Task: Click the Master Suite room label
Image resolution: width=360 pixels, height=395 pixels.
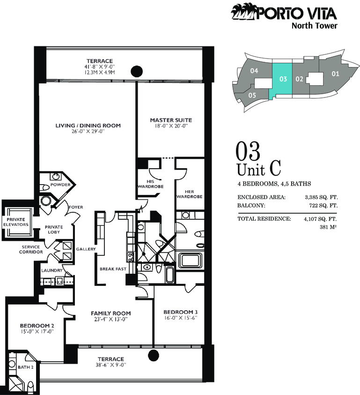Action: click(171, 120)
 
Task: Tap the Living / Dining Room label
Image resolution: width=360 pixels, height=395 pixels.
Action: click(88, 126)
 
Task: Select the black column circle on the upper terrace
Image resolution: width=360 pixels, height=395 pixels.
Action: click(137, 71)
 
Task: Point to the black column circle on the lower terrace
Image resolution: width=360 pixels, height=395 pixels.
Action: click(153, 356)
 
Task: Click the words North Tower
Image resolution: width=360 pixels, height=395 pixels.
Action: click(315, 26)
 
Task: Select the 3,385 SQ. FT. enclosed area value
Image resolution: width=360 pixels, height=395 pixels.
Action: click(321, 197)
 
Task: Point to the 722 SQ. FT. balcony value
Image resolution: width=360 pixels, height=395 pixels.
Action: click(323, 206)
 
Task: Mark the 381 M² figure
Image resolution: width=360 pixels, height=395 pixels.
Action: click(328, 227)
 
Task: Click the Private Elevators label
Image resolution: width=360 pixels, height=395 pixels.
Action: click(16, 222)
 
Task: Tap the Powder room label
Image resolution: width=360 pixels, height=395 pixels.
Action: click(60, 185)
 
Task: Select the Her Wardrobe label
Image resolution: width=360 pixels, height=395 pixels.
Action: click(189, 194)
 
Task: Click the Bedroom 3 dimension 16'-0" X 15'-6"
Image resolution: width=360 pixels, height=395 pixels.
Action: click(180, 318)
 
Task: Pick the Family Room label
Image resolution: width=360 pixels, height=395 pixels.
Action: click(111, 313)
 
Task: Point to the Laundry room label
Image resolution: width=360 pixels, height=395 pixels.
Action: click(52, 270)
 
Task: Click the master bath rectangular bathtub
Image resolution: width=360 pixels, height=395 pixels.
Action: click(191, 260)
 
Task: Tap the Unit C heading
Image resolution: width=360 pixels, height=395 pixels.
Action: click(259, 169)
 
